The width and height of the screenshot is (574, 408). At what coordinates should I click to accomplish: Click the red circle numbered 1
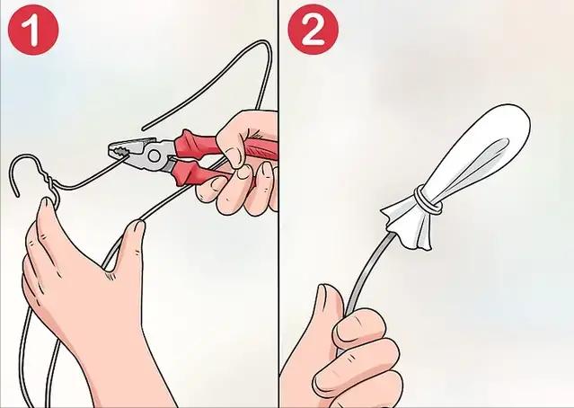(33, 30)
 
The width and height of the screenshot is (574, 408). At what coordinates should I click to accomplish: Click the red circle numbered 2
(313, 30)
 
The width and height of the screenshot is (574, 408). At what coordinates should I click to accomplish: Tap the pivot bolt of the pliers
(155, 156)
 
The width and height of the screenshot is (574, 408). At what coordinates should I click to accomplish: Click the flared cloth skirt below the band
(410, 227)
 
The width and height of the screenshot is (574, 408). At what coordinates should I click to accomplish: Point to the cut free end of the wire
(144, 129)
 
